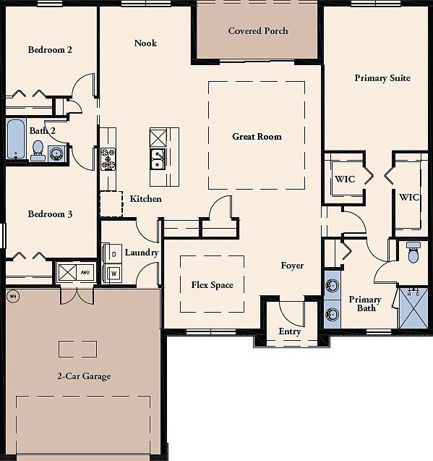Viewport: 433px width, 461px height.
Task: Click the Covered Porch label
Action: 258,31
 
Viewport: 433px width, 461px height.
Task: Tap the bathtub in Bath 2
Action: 16,138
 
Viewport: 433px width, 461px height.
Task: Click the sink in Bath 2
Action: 56,153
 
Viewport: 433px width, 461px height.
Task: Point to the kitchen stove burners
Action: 108,159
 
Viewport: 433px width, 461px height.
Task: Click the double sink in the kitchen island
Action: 158,159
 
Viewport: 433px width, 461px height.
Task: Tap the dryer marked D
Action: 112,253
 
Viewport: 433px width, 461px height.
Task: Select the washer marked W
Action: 113,274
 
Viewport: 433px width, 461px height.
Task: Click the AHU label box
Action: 85,273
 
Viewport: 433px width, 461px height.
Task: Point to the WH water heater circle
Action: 13,296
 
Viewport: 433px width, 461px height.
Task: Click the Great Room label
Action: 257,136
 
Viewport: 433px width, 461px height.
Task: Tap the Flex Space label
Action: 212,285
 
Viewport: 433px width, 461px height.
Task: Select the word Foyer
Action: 292,266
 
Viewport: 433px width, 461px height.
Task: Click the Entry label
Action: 289,331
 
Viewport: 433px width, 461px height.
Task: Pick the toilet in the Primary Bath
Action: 413,253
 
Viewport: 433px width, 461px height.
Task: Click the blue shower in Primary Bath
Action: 413,308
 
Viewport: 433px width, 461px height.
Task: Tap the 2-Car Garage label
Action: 84,376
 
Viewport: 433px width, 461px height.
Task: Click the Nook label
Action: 145,43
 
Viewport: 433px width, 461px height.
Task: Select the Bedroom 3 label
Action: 50,214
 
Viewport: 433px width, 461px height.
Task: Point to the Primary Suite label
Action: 382,78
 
